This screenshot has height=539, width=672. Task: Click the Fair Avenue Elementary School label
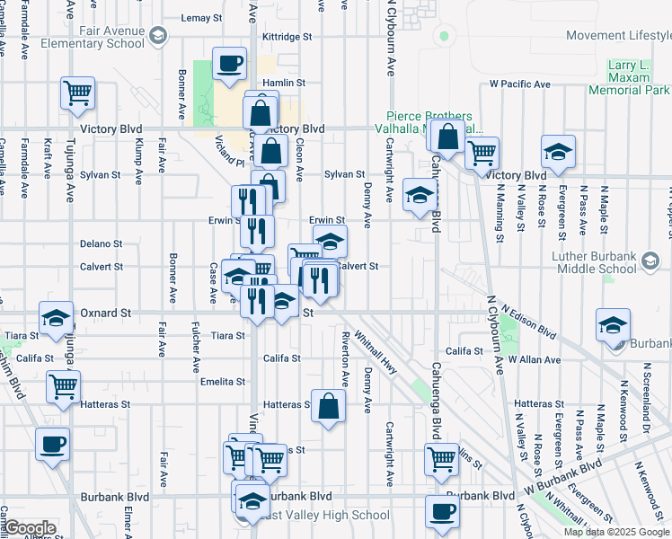coord(111,36)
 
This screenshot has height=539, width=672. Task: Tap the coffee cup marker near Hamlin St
coord(229,66)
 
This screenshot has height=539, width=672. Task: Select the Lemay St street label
coord(201,18)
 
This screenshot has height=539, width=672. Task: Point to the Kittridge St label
coord(287,38)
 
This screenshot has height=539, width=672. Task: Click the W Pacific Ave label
coord(519,84)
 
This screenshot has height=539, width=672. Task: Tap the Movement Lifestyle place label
coord(619,35)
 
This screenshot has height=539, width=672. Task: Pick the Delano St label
coord(101,243)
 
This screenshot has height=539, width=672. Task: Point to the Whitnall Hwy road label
coord(376,349)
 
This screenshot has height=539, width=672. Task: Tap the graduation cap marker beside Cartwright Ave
coord(419,197)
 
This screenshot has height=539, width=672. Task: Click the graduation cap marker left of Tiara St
coord(56,319)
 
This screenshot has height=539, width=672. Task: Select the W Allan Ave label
coord(534,358)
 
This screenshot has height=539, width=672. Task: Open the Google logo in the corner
coord(29,528)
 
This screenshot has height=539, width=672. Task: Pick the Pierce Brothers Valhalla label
coord(429,122)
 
